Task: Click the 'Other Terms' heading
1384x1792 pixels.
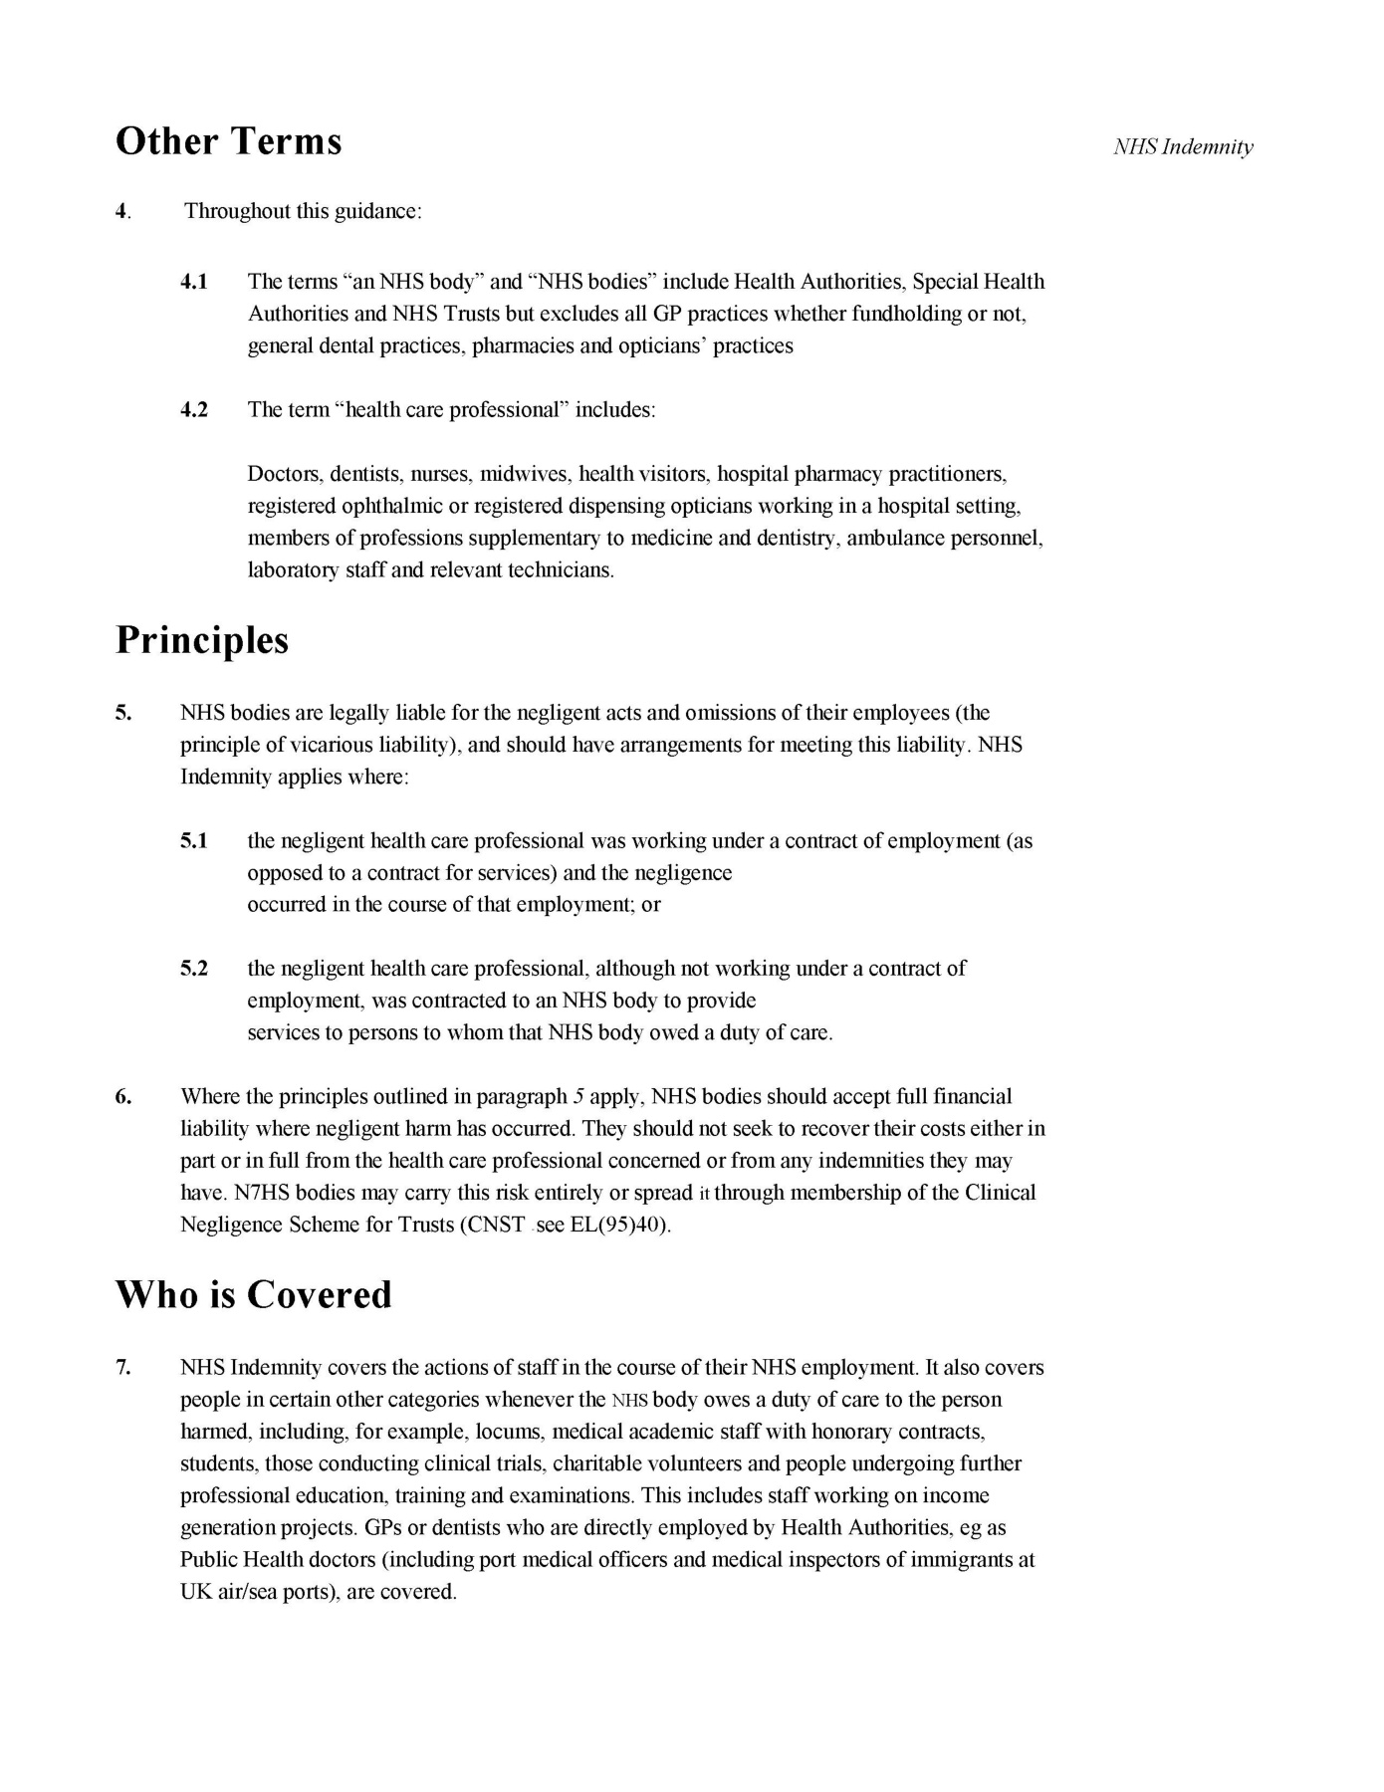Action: point(228,141)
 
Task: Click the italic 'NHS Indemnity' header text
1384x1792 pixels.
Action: point(1183,147)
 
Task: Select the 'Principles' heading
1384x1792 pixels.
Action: point(202,640)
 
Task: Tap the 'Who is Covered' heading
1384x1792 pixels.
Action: point(254,1294)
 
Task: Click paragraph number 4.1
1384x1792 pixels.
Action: point(194,282)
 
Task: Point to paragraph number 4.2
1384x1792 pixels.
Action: point(194,410)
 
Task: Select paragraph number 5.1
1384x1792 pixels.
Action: point(194,841)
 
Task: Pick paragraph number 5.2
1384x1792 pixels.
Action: point(194,969)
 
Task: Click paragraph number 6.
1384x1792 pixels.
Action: point(123,1097)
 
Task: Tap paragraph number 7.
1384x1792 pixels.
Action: point(123,1368)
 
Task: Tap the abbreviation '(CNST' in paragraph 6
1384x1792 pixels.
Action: point(492,1225)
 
